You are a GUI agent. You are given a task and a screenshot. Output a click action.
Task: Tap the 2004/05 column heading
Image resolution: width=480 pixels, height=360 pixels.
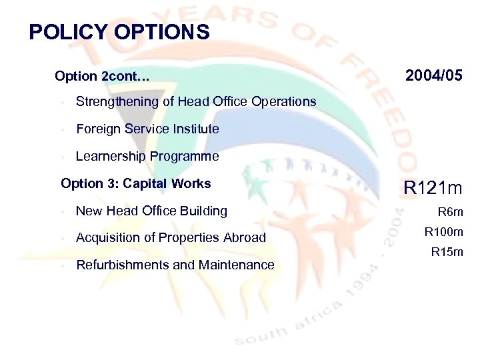[433, 76]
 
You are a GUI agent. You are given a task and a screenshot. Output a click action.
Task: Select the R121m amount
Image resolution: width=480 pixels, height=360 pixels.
[433, 189]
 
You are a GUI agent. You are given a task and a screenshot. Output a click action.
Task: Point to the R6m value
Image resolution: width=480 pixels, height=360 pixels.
[449, 213]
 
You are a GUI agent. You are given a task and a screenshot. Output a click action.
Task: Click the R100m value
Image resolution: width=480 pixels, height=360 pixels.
[443, 233]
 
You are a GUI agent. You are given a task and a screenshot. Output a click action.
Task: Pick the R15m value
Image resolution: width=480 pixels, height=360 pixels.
[447, 252]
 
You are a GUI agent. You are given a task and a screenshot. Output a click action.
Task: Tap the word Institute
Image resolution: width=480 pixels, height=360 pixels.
[195, 129]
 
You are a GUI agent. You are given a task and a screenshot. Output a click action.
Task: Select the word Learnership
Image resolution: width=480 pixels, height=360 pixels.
[111, 156]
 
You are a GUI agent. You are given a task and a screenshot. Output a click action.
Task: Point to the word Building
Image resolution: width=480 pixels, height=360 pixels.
[204, 211]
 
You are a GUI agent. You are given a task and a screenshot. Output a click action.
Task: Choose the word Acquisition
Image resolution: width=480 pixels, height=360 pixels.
[109, 238]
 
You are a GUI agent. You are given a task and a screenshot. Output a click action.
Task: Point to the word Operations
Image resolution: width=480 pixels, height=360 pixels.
[283, 102]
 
